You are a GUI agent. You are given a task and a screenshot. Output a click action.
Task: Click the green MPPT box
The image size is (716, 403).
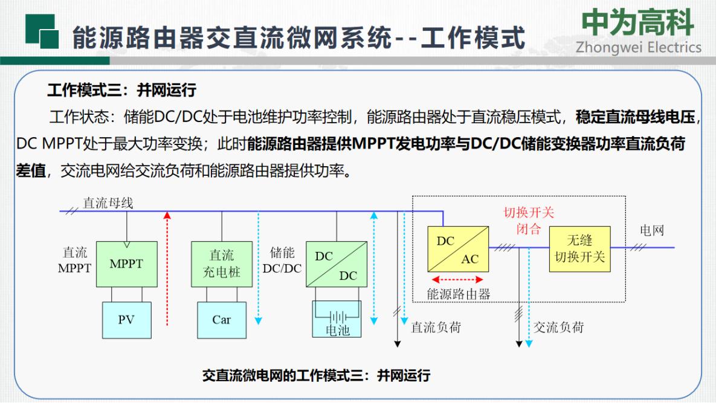click(126, 264)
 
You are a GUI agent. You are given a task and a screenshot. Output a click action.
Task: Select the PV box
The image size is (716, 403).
click(126, 320)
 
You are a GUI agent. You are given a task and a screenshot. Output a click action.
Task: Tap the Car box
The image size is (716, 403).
click(222, 320)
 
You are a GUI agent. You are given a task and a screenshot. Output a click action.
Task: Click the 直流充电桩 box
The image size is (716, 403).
click(222, 264)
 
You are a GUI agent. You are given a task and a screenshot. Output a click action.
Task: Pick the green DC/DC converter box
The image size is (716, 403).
click(337, 264)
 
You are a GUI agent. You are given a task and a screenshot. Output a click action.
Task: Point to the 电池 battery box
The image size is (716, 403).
click(337, 319)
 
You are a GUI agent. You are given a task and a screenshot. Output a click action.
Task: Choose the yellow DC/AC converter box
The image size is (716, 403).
click(458, 249)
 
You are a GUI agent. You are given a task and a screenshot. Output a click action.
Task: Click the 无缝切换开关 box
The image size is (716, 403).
click(579, 249)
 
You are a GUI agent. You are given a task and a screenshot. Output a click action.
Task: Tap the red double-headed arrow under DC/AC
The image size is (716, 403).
click(457, 279)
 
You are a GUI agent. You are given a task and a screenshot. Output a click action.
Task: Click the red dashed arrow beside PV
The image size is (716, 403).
click(167, 269)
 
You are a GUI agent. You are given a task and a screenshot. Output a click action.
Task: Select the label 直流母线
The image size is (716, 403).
click(108, 203)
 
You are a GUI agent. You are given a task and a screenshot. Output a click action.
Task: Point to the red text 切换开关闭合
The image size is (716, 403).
click(528, 221)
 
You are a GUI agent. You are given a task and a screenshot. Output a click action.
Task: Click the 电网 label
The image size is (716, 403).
click(651, 230)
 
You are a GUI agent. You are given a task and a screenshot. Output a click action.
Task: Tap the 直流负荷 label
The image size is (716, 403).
click(436, 327)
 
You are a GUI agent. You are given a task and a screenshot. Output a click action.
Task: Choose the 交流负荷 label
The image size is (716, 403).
click(558, 327)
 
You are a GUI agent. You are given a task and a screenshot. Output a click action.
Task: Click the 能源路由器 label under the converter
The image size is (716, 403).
click(459, 294)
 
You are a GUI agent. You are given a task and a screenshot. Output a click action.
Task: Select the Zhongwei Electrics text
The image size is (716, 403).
click(639, 48)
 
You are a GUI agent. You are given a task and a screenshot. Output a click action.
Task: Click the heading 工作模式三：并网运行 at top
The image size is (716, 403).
click(122, 90)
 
